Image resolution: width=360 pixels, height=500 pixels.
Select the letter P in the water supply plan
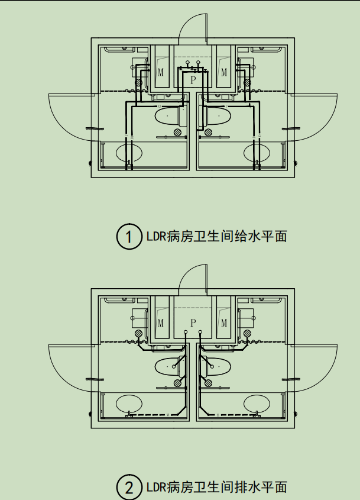[x=193, y=79]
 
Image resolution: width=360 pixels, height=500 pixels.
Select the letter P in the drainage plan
[x=193, y=322]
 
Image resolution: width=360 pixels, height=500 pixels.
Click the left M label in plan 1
[x=161, y=73]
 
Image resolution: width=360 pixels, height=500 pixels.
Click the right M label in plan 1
[x=224, y=73]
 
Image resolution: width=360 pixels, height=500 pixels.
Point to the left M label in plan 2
[x=161, y=323]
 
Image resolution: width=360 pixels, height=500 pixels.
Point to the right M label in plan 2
[x=224, y=323]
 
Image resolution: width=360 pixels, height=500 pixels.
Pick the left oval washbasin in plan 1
[x=129, y=153]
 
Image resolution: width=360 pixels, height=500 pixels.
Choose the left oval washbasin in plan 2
[x=129, y=404]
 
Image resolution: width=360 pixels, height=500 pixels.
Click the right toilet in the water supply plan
[x=216, y=115]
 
